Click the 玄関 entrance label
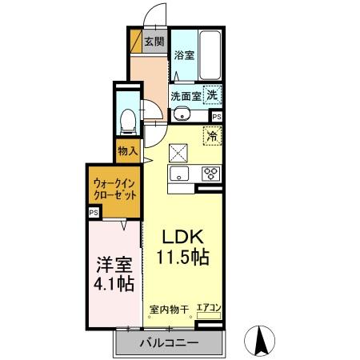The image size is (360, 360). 154,42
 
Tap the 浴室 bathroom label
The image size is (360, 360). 183,55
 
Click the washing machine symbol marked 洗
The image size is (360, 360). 212,94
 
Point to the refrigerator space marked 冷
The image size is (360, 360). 213,136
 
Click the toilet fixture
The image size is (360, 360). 126,120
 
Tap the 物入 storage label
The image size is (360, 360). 127,150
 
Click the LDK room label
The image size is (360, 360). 186,238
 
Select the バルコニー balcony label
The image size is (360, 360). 169,344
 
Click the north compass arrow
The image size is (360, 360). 260,340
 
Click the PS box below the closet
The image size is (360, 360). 94,212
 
